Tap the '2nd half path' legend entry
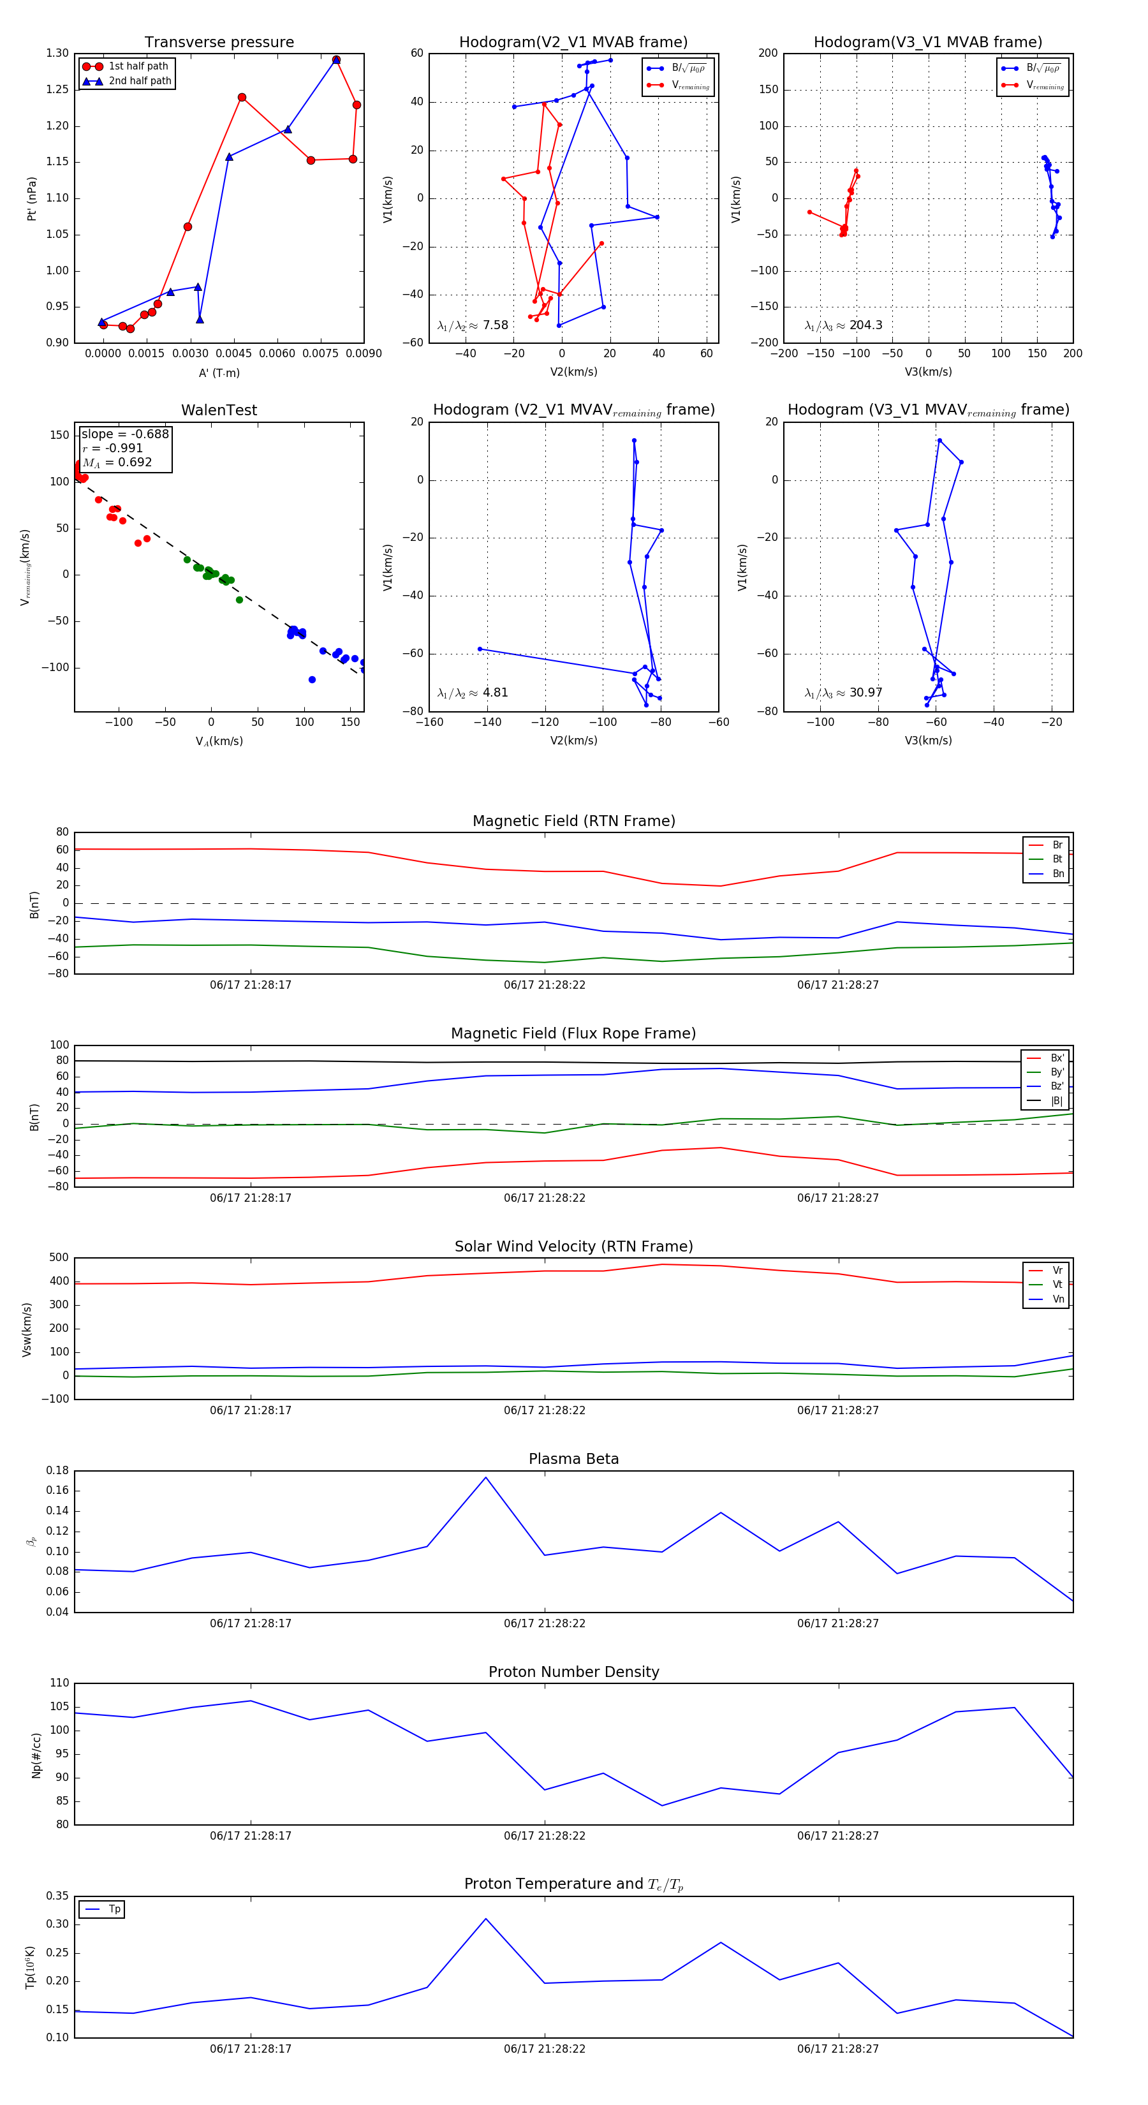(140, 81)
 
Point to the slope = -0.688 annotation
(125, 434)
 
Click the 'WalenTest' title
(219, 410)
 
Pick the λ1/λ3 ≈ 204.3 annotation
(843, 325)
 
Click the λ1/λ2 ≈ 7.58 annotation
(472, 325)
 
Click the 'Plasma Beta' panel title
(573, 1459)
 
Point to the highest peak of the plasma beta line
(485, 1477)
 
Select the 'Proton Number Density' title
(573, 1672)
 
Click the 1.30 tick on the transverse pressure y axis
(57, 53)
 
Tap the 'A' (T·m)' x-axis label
(219, 373)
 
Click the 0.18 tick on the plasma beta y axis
(57, 1471)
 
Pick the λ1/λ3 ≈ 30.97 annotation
(843, 693)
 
